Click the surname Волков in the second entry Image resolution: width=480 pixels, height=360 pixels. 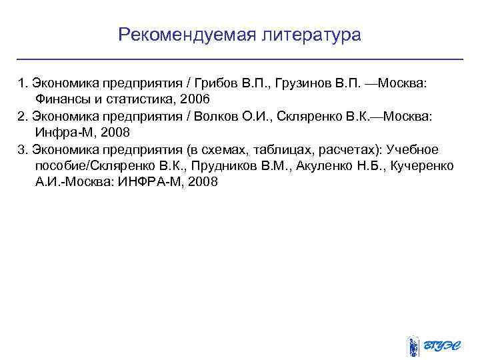pyautogui.click(x=218, y=116)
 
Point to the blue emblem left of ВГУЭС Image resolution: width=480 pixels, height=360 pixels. pyautogui.click(x=413, y=346)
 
